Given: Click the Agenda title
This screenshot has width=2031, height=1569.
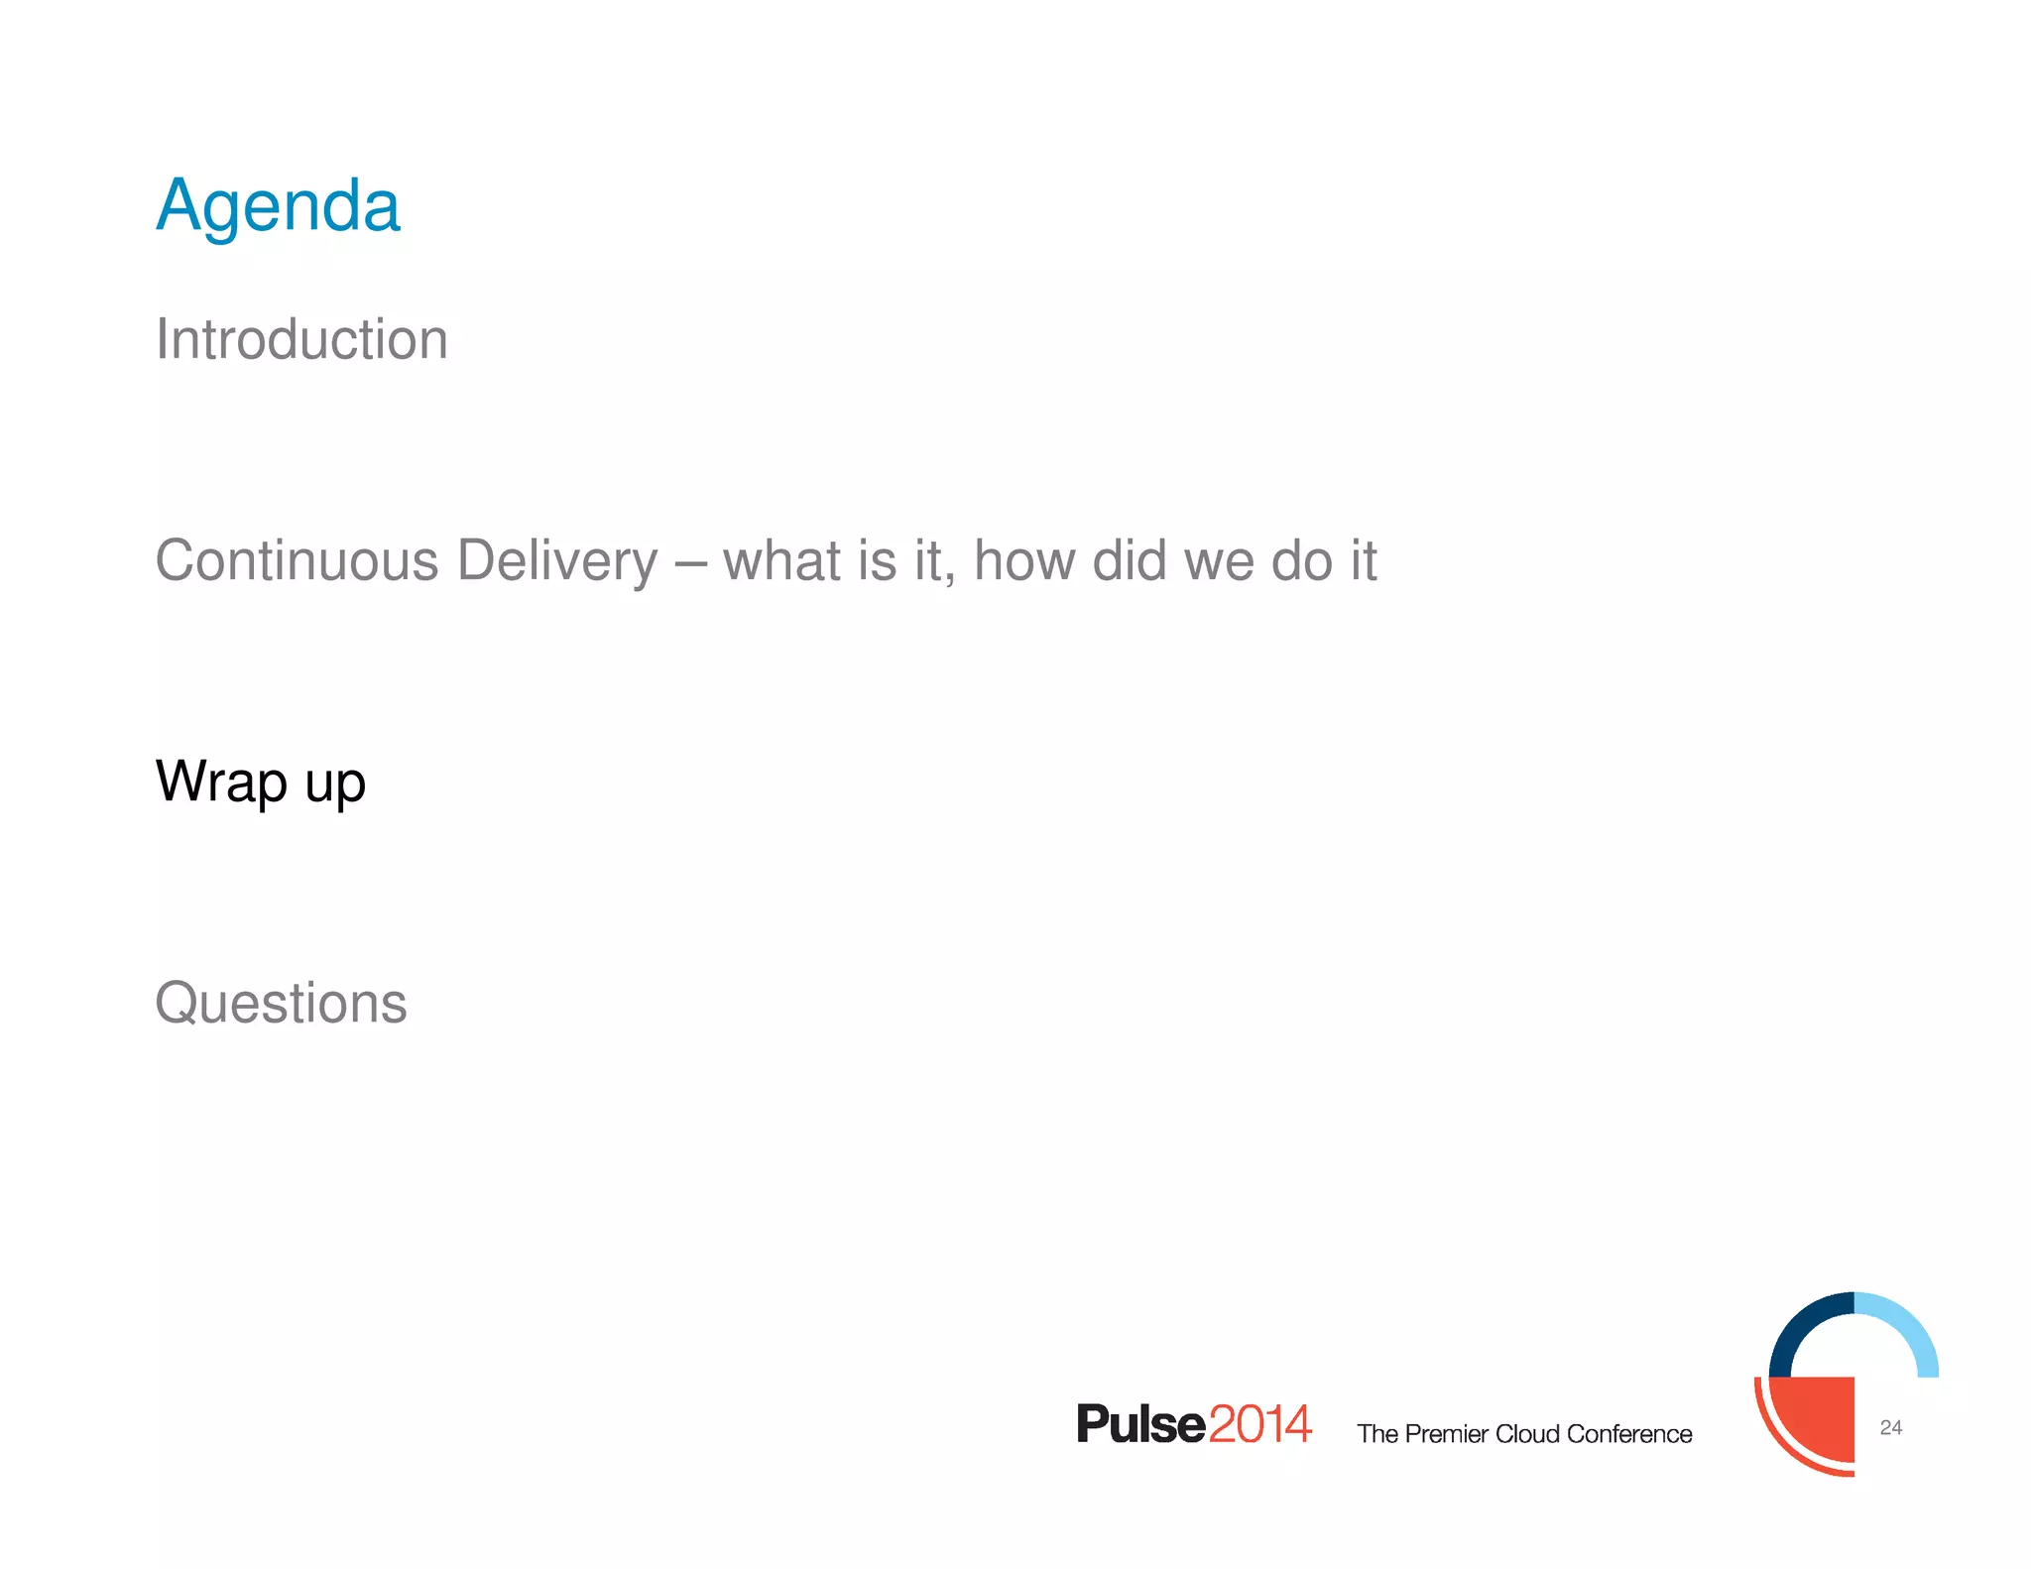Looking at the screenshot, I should point(278,206).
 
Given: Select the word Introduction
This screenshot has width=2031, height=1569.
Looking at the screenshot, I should point(301,340).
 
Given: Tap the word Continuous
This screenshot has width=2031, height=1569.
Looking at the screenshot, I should point(297,561).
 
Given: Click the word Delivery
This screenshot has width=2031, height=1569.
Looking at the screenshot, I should point(556,561).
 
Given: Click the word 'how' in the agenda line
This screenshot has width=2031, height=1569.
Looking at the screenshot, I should point(1023,561).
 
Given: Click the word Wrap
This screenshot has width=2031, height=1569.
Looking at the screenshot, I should point(221,783).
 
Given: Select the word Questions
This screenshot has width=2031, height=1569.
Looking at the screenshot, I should point(281,1003).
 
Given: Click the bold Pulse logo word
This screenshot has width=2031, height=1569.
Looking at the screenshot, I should point(1140,1424).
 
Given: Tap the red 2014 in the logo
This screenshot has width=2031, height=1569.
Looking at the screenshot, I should point(1260,1424).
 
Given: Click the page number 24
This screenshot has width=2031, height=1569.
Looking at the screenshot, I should point(1890,1427).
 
